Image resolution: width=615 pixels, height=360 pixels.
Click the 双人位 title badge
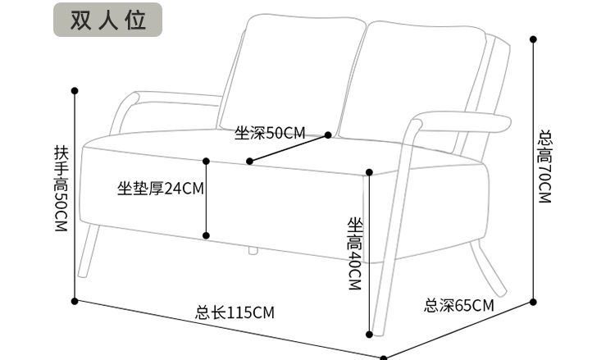pyautogui.click(x=108, y=21)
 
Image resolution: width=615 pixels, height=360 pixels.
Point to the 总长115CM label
pyautogui.click(x=235, y=312)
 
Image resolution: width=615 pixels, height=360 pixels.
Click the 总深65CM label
pyautogui.click(x=459, y=306)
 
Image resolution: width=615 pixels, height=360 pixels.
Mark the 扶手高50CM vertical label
pyautogui.click(x=60, y=188)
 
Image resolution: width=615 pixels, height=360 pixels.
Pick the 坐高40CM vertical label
pyautogui.click(x=354, y=253)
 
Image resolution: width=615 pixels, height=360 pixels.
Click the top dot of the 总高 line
pyautogui.click(x=533, y=39)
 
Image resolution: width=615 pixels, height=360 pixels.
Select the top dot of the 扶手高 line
pyautogui.click(x=75, y=90)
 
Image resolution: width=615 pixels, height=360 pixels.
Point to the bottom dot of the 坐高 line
pyautogui.click(x=370, y=334)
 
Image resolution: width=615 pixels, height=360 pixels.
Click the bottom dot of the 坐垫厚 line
pyautogui.click(x=206, y=235)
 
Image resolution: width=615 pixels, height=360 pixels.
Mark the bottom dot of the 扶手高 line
pyautogui.click(x=75, y=301)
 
